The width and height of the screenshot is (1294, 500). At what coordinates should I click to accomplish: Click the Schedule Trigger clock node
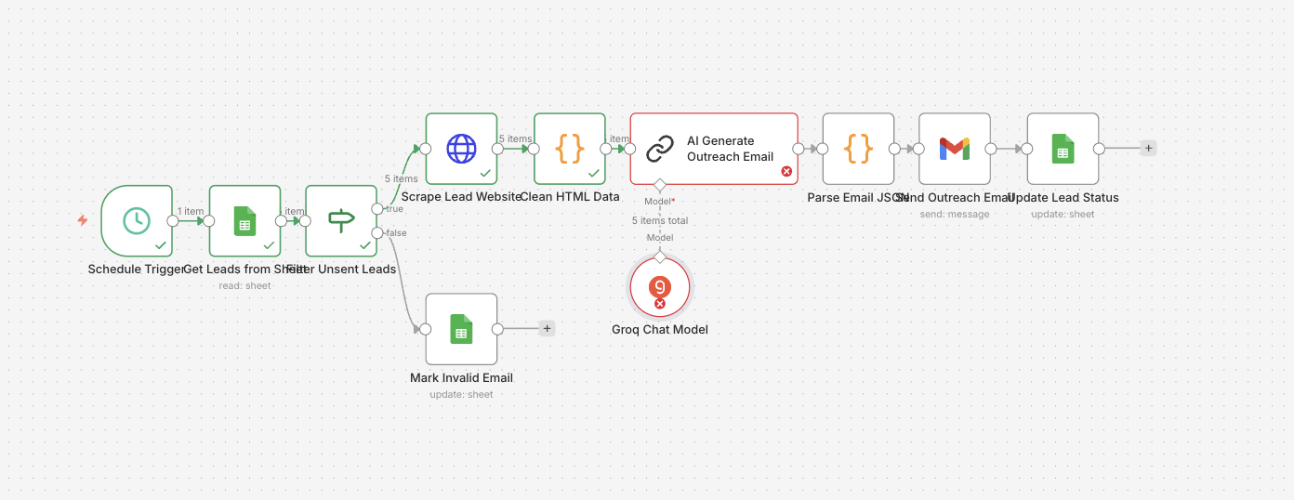tap(137, 220)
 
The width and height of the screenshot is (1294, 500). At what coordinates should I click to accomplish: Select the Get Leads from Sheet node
tap(244, 220)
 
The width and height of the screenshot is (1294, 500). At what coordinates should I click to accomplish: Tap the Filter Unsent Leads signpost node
tap(341, 220)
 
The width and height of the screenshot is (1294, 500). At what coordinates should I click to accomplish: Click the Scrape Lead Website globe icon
tap(461, 148)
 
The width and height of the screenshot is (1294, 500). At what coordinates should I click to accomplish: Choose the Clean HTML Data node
tap(569, 148)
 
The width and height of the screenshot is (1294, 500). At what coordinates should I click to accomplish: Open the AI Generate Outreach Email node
tap(713, 148)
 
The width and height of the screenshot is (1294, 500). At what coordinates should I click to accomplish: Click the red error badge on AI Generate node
tap(786, 171)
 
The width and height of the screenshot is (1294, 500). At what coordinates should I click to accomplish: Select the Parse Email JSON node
tap(858, 148)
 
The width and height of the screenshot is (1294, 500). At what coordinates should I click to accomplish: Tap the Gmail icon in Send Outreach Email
tap(954, 148)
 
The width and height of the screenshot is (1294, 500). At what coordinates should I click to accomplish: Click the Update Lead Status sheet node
tap(1063, 148)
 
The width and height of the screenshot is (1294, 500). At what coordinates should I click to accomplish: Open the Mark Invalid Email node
tap(461, 329)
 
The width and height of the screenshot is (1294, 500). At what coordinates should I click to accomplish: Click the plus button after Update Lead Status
tap(1149, 148)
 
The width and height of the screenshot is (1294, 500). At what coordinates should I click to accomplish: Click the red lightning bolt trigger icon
tap(83, 220)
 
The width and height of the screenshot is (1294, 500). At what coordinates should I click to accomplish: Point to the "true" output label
tap(395, 209)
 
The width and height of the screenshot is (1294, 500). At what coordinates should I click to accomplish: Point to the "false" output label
tap(396, 232)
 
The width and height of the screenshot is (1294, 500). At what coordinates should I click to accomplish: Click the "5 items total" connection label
tap(660, 221)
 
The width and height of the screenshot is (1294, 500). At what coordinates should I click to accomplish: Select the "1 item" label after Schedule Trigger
tap(191, 211)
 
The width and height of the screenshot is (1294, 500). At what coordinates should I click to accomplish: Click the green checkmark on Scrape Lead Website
tap(484, 173)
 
